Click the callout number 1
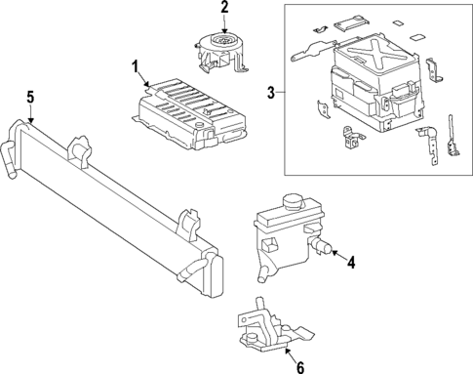[135, 65]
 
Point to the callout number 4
[351, 260]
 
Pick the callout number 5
[30, 97]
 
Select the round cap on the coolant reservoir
[292, 205]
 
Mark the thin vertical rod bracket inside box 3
[451, 137]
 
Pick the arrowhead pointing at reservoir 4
[335, 255]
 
